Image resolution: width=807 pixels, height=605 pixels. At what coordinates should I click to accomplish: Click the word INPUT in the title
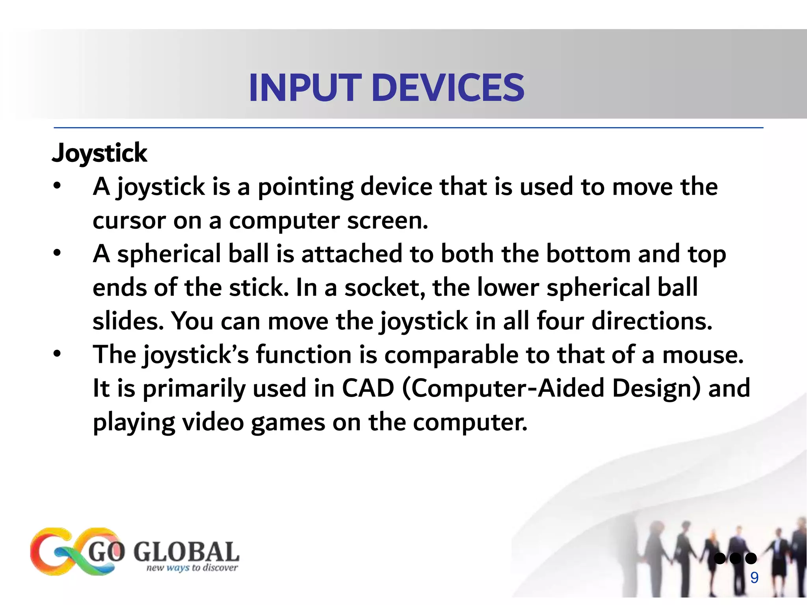(x=305, y=87)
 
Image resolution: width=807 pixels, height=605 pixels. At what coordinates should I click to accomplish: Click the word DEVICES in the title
(x=448, y=87)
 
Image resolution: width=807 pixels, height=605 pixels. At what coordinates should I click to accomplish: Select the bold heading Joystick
(x=99, y=153)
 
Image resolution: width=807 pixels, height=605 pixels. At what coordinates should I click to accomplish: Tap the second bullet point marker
(x=58, y=253)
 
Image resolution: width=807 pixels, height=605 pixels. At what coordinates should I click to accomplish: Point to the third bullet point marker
(x=58, y=354)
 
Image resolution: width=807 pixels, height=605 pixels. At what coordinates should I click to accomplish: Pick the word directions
(x=652, y=321)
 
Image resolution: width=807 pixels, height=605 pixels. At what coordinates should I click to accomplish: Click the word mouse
(x=703, y=354)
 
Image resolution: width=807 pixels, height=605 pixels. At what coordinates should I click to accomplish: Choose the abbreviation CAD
(x=368, y=388)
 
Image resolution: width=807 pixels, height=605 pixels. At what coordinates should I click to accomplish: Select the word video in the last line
(x=213, y=422)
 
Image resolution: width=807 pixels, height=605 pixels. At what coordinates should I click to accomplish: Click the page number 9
(x=754, y=578)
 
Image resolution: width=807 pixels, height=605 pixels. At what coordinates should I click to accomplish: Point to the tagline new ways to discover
(x=192, y=568)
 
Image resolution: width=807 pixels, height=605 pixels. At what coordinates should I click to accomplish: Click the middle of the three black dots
(x=735, y=558)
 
